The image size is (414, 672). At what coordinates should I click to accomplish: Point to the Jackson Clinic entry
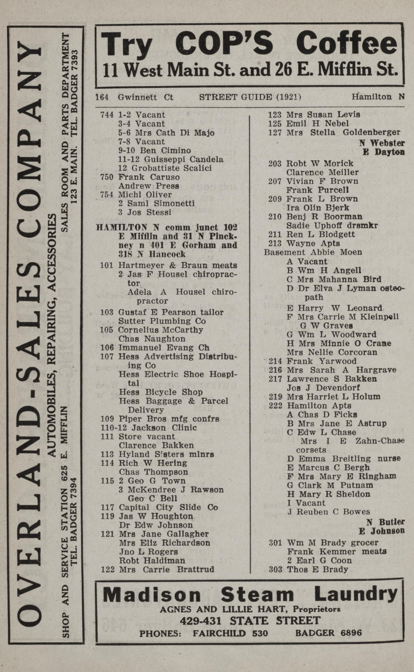(164, 428)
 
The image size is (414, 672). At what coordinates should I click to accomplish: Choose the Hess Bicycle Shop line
(160, 392)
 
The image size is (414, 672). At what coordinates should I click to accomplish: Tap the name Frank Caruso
(149, 177)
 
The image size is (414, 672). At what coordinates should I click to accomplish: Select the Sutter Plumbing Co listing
(162, 321)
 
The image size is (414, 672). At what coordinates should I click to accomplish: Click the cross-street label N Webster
(382, 143)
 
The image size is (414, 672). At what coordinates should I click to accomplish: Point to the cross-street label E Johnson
(381, 531)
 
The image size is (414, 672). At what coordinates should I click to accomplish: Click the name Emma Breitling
(328, 459)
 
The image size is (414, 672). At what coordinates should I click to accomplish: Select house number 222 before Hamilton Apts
(275, 405)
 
